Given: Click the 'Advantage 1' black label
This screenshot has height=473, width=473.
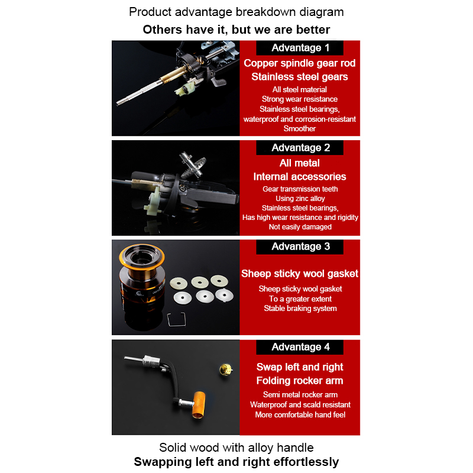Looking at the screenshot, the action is pyautogui.click(x=300, y=48).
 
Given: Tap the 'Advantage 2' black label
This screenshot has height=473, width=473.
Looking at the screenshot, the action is pyautogui.click(x=300, y=147).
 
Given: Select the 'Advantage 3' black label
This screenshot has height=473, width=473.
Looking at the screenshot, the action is pyautogui.click(x=300, y=247).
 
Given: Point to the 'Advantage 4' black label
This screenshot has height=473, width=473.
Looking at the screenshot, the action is pyautogui.click(x=300, y=347).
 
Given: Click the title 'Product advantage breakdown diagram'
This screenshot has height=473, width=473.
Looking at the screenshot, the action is pyautogui.click(x=236, y=12).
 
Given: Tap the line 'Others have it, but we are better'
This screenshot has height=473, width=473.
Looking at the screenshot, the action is pyautogui.click(x=236, y=30).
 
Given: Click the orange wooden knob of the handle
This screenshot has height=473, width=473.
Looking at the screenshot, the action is pyautogui.click(x=198, y=405).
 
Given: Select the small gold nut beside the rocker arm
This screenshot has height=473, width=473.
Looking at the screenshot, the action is pyautogui.click(x=225, y=370).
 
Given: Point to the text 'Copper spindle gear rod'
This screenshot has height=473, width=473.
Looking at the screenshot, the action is pyautogui.click(x=300, y=63).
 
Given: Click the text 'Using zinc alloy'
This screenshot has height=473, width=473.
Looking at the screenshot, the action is pyautogui.click(x=300, y=199).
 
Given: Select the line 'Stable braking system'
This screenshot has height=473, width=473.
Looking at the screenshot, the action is pyautogui.click(x=300, y=308).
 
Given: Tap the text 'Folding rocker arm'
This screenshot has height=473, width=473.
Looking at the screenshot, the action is pyautogui.click(x=300, y=381).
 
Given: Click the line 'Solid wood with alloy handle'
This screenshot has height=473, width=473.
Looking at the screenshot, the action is pyautogui.click(x=236, y=448).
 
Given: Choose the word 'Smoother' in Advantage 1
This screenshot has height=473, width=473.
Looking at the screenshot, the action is pyautogui.click(x=300, y=128).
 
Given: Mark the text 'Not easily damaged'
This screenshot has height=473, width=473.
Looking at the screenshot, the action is pyautogui.click(x=300, y=227).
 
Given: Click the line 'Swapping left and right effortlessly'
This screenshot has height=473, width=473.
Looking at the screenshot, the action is pyautogui.click(x=236, y=462).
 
